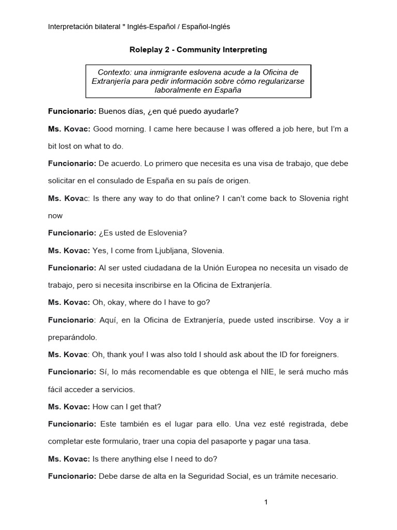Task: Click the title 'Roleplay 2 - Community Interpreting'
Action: [x=198, y=50]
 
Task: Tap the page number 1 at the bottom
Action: [x=266, y=502]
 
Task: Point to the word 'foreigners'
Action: [x=319, y=355]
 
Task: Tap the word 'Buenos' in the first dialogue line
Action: [x=111, y=111]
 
